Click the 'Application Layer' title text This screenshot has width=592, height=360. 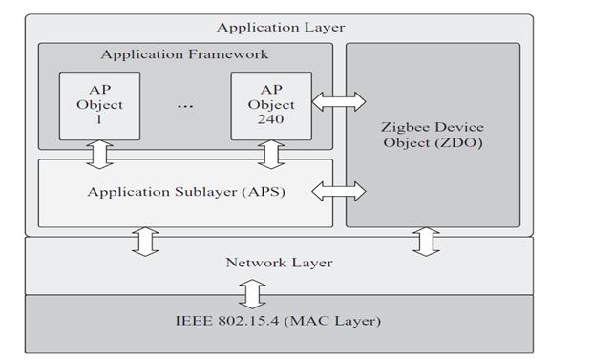(x=281, y=28)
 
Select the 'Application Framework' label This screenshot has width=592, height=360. (x=184, y=54)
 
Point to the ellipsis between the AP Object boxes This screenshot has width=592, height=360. (x=184, y=105)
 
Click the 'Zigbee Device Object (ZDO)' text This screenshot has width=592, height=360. (x=433, y=136)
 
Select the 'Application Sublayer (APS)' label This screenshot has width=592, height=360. (x=185, y=192)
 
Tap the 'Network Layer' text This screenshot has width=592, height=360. (x=279, y=262)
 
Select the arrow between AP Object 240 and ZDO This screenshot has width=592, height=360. (x=339, y=101)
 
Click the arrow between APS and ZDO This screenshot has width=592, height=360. (x=339, y=192)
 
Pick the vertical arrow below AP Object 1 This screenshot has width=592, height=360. (x=99, y=153)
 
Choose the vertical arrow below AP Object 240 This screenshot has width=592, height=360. (x=271, y=153)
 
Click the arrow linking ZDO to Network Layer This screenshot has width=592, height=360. (x=427, y=243)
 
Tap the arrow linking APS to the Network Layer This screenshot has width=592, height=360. (x=144, y=243)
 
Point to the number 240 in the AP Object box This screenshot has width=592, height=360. (x=271, y=119)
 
